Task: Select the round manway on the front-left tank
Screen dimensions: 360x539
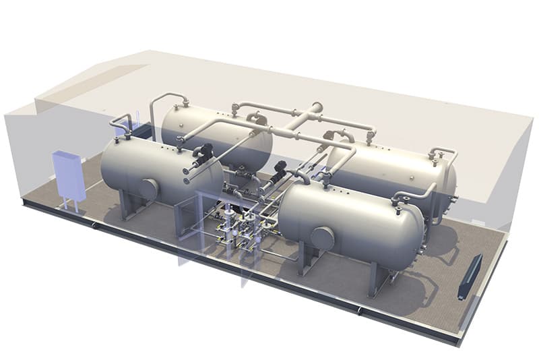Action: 149,189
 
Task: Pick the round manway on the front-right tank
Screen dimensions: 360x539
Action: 322,238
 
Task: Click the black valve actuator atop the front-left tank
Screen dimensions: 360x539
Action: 203,154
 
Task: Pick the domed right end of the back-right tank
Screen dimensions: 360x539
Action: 450,182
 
